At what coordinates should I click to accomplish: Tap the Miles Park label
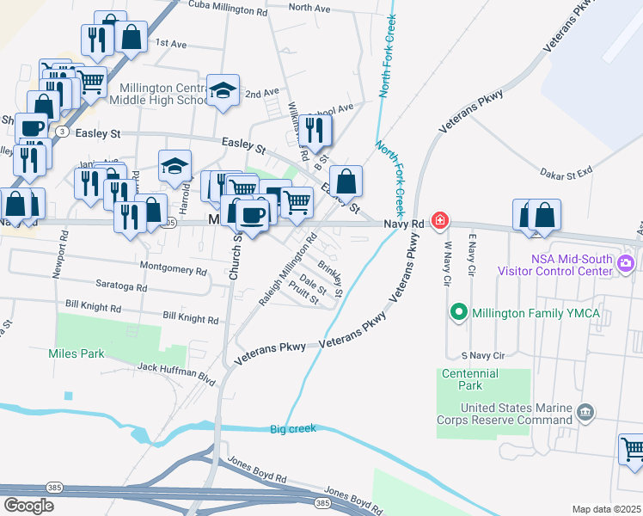tap(77, 353)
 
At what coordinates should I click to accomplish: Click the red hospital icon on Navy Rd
tap(440, 221)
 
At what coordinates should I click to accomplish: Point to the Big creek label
tap(293, 428)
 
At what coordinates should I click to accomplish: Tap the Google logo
tap(28, 505)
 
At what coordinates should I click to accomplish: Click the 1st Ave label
tap(170, 42)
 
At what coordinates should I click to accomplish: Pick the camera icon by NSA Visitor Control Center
tap(627, 263)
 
